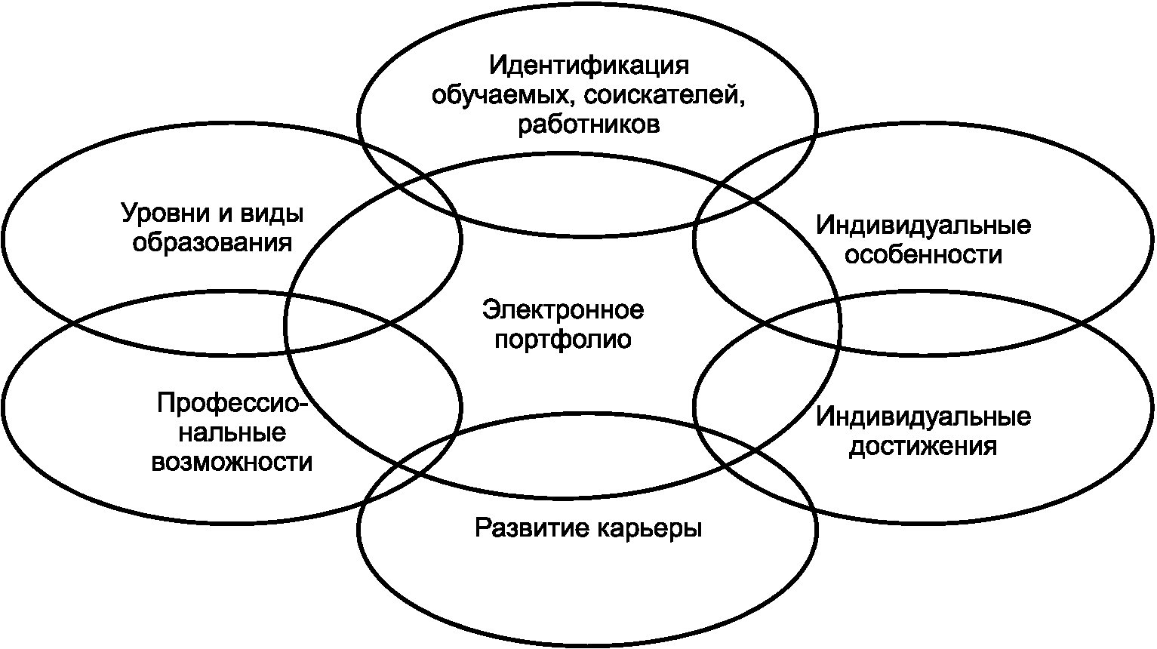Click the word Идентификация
[x=589, y=66]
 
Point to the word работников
[x=589, y=124]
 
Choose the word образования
[x=212, y=243]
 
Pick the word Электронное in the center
[x=563, y=309]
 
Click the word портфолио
[x=563, y=339]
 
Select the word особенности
[x=923, y=254]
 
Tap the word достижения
[x=923, y=446]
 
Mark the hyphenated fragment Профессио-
[x=232, y=404]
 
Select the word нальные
[x=232, y=433]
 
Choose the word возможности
[x=232, y=462]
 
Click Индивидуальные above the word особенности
[x=923, y=225]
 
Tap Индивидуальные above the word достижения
[x=923, y=417]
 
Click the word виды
[x=272, y=214]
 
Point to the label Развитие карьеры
[x=589, y=528]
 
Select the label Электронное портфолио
[x=563, y=324]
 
